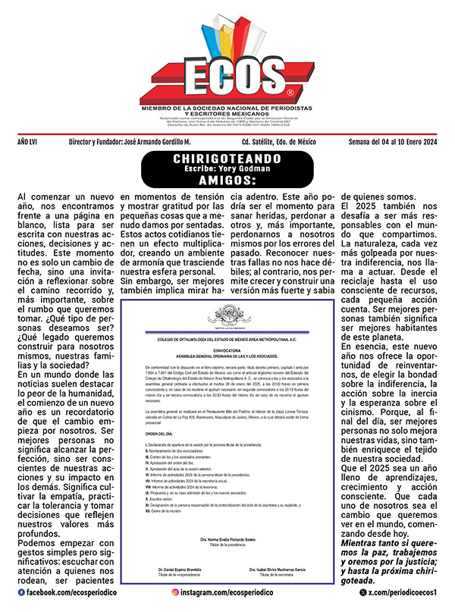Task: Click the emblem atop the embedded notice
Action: click(227, 312)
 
